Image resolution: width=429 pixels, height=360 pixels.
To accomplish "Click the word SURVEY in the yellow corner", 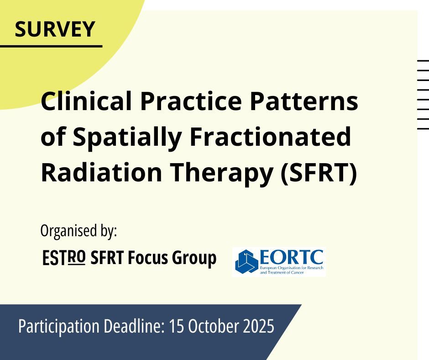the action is pyautogui.click(x=55, y=29).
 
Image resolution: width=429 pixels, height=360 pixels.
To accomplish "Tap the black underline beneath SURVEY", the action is pyautogui.click(x=51, y=46).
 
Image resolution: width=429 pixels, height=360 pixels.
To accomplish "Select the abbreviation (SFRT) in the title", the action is pyautogui.click(x=319, y=173).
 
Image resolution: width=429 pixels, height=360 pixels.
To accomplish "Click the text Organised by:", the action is pyautogui.click(x=79, y=231).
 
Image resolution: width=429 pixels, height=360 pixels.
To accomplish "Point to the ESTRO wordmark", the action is pyautogui.click(x=64, y=258).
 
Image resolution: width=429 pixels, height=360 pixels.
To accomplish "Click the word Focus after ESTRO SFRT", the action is pyautogui.click(x=148, y=258).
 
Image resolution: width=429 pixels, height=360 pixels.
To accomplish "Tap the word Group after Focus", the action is pyautogui.click(x=194, y=259).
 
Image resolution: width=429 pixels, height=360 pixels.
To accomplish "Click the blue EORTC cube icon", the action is pyautogui.click(x=246, y=261).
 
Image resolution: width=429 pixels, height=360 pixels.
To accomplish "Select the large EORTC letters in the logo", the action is pyautogui.click(x=291, y=257).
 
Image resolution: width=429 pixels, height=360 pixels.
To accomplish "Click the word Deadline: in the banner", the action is pyautogui.click(x=134, y=325).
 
